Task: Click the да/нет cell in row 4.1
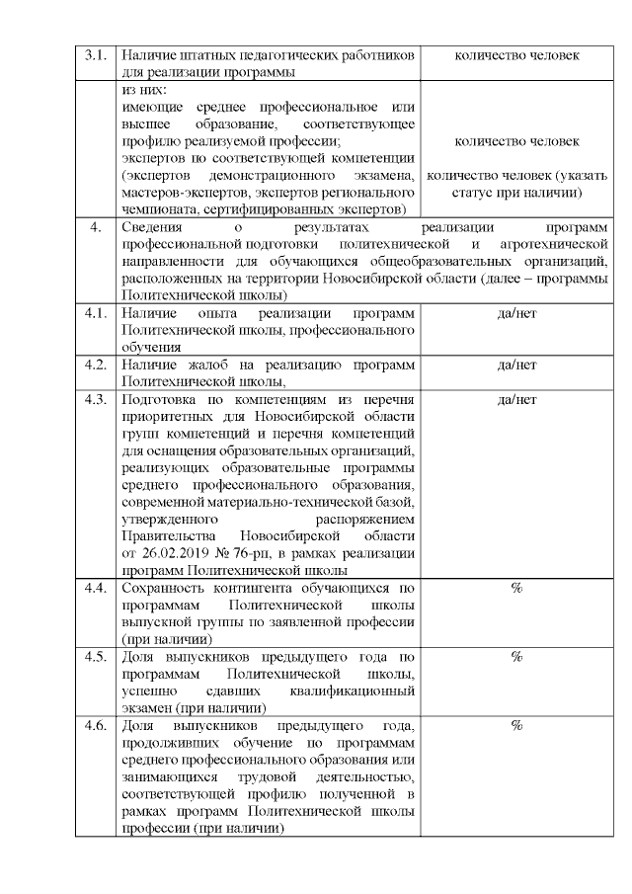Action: pyautogui.click(x=516, y=313)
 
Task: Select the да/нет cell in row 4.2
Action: pyautogui.click(x=516, y=365)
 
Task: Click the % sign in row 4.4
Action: pyautogui.click(x=516, y=589)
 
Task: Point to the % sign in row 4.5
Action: pyautogui.click(x=516, y=657)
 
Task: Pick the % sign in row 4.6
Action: pyautogui.click(x=516, y=726)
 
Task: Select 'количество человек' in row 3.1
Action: pyautogui.click(x=516, y=55)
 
